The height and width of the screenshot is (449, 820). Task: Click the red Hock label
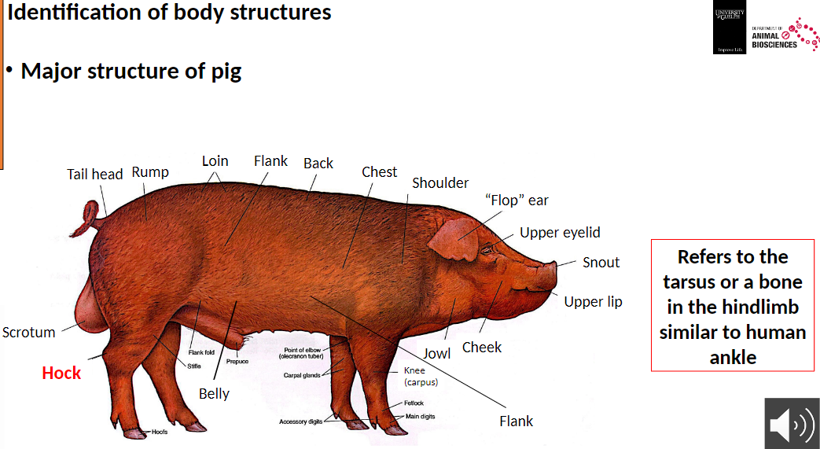[x=61, y=373]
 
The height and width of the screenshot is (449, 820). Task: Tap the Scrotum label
[x=29, y=333]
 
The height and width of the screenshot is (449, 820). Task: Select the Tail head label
[x=94, y=175]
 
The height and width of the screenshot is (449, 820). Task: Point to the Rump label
[x=150, y=172]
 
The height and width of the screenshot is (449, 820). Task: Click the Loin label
[x=215, y=161]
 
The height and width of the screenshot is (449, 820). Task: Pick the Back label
[x=318, y=164]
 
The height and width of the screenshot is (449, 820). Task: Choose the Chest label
[x=380, y=172]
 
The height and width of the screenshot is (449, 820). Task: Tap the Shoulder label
[x=440, y=183]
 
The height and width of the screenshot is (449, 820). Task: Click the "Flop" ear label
[x=517, y=201]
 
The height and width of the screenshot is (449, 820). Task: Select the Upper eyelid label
[x=560, y=233]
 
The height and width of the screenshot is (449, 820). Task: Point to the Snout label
[x=601, y=263]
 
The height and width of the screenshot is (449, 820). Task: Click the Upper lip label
[x=593, y=302]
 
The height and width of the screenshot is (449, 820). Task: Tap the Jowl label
[x=437, y=354]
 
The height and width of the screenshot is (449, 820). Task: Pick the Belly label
[x=214, y=393]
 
